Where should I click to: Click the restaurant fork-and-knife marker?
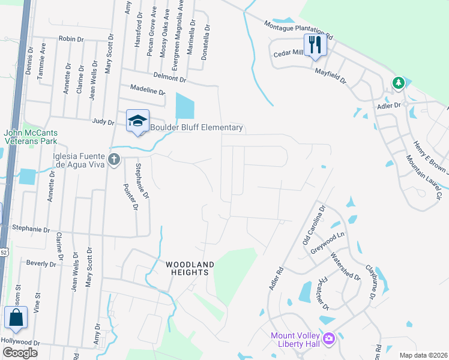pos(315,44)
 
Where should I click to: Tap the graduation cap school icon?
pos(137,121)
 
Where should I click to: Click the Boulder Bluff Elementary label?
pos(196,128)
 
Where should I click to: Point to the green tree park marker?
pos(397,83)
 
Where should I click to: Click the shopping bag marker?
pos(16,319)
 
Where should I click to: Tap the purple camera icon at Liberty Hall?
pos(328,339)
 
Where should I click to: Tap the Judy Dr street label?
pos(103,122)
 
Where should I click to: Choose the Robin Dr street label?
pos(71,38)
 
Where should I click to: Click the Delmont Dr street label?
pos(170,77)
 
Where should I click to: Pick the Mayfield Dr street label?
pos(331,74)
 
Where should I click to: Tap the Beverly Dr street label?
pos(41,263)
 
